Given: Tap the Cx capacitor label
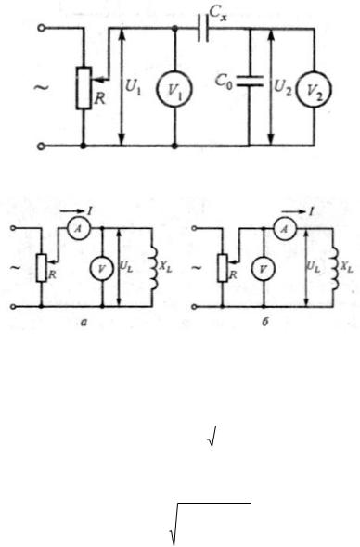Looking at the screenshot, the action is [218, 14].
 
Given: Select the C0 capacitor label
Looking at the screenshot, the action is [223, 83].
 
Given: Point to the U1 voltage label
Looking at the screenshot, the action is [133, 87].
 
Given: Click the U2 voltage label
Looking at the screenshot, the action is [283, 87].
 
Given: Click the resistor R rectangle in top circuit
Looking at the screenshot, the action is [84, 88].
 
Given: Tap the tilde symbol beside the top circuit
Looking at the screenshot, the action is [41, 87].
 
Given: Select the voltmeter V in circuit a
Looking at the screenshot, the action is [102, 268].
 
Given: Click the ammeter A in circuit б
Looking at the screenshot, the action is [285, 228].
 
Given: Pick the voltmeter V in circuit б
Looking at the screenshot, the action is [264, 269].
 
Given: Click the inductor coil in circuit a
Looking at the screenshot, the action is [151, 268].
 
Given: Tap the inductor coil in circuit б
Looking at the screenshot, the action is [333, 268].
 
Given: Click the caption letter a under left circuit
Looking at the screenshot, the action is [84, 323].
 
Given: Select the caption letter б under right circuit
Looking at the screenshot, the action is [265, 322].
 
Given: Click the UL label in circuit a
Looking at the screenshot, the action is [126, 266].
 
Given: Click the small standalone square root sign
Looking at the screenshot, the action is [212, 436].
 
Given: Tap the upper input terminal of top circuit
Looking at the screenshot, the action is [41, 28].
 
